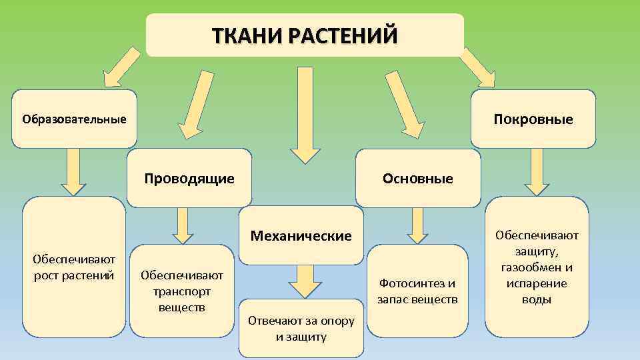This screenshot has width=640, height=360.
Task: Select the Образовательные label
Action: coord(74,119)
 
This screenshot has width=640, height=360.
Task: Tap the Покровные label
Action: coord(533,119)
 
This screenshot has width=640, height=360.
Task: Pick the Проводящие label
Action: coord(189,179)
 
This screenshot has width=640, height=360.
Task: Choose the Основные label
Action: coord(417,179)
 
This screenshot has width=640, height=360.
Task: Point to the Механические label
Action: coord(301,236)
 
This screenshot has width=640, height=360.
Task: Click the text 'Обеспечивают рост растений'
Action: coord(74,267)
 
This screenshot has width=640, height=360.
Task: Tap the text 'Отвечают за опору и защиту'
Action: coord(301,328)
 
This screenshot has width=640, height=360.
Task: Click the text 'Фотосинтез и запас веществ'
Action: coord(417,291)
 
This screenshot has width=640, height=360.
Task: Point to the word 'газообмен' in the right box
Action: coord(537,268)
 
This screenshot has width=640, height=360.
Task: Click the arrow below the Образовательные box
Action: coord(73,171)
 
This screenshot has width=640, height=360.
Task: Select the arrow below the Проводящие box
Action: coord(182,225)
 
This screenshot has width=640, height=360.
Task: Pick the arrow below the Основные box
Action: coord(417,225)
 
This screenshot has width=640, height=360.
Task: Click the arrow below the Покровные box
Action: coord(537,171)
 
